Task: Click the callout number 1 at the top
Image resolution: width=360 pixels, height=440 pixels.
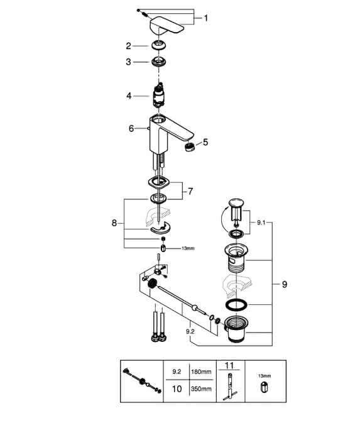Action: pos(206,18)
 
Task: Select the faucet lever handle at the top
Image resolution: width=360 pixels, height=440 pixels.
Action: pos(167,26)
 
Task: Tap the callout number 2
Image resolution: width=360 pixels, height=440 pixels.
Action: pos(128,46)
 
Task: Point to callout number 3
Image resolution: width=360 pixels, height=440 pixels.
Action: pos(128,62)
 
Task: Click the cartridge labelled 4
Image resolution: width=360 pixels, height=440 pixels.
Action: pos(158,96)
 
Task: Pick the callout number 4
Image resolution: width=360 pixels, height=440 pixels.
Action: pos(129,96)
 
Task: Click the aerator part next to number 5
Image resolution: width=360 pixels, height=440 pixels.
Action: pos(190,146)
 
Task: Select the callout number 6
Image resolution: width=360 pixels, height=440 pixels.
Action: pos(131,128)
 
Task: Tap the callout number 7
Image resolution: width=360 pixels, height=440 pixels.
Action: pos(190,191)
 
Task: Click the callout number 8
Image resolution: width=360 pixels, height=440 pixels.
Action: pos(114,223)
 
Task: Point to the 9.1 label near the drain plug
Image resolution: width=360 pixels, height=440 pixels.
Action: pos(261,223)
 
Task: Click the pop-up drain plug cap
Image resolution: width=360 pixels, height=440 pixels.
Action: pos(236,202)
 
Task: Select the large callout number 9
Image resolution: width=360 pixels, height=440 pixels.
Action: pos(285,285)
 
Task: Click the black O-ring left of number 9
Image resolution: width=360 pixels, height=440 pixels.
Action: pos(236,305)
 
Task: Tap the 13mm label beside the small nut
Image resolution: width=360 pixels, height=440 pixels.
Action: pos(188,248)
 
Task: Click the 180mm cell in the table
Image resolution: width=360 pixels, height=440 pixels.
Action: pos(201,372)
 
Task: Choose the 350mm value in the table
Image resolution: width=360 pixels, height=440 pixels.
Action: pos(201,389)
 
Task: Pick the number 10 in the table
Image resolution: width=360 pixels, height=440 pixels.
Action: pos(177,389)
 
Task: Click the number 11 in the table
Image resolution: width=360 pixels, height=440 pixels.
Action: pos(229,365)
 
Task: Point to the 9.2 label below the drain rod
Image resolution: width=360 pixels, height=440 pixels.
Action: pos(190,331)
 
